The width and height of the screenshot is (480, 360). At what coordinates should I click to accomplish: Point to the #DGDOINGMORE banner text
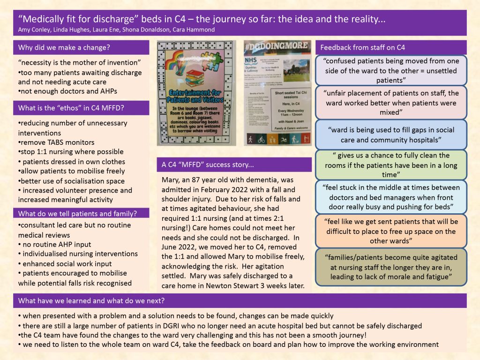click(x=277, y=46)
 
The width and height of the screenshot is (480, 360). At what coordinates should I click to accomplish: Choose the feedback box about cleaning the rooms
click(x=391, y=165)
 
